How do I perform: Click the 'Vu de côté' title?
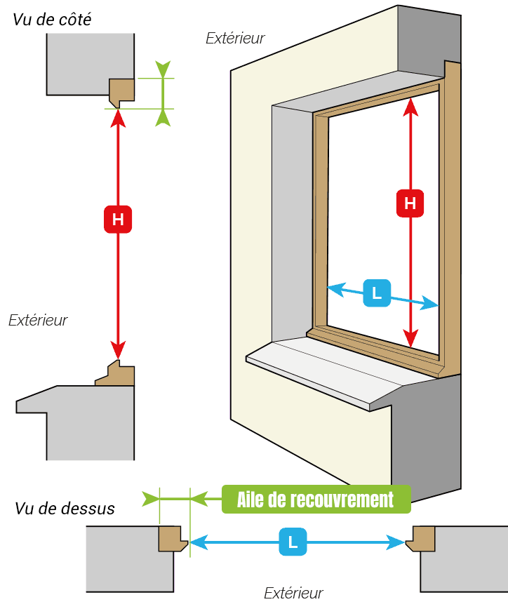(x=52, y=20)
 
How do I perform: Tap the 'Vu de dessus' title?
(x=65, y=509)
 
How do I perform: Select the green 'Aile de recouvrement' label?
(x=316, y=500)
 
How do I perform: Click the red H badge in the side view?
(x=118, y=220)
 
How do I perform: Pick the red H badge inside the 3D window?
(x=410, y=203)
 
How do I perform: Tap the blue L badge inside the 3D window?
(x=377, y=293)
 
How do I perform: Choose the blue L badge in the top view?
(x=293, y=542)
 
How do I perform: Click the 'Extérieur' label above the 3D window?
(x=235, y=38)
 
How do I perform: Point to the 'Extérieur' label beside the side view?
(x=38, y=320)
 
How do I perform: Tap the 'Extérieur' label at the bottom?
(x=293, y=593)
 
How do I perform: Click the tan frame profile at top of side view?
(x=121, y=92)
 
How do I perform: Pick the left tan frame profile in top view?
(x=171, y=538)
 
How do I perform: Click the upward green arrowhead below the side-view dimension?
(x=163, y=118)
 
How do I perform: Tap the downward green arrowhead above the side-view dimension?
(x=163, y=69)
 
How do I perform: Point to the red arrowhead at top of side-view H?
(x=118, y=118)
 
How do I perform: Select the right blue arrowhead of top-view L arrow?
(x=396, y=542)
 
